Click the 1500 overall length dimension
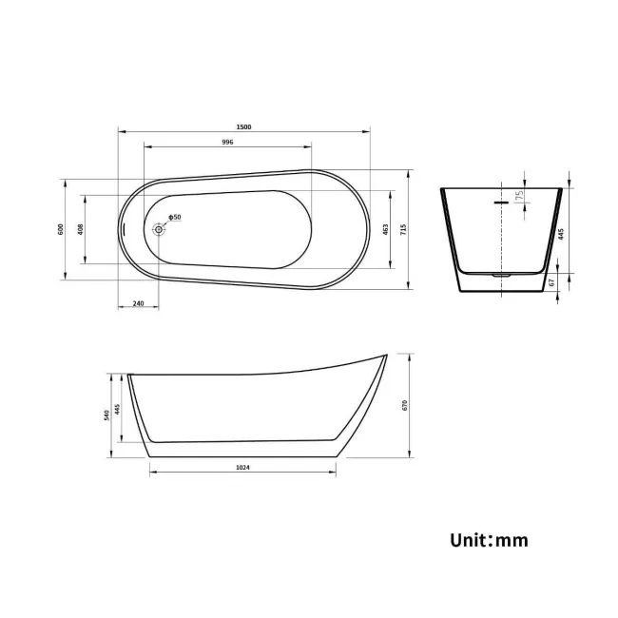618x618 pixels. tap(244, 126)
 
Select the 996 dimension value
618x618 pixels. tap(227, 142)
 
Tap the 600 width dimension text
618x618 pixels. tap(60, 229)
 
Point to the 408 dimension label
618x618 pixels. tap(81, 229)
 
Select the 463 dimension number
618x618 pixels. tap(386, 229)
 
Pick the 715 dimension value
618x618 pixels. tap(404, 229)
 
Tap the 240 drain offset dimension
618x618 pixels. tap(138, 303)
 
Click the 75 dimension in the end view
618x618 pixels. tap(519, 196)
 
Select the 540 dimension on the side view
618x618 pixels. tap(107, 415)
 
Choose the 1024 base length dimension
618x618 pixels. tap(243, 467)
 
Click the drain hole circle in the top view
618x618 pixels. tap(160, 228)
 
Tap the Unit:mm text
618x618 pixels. tap(489, 540)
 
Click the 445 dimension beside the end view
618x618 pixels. tap(562, 233)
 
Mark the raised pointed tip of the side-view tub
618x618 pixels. tap(385, 357)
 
